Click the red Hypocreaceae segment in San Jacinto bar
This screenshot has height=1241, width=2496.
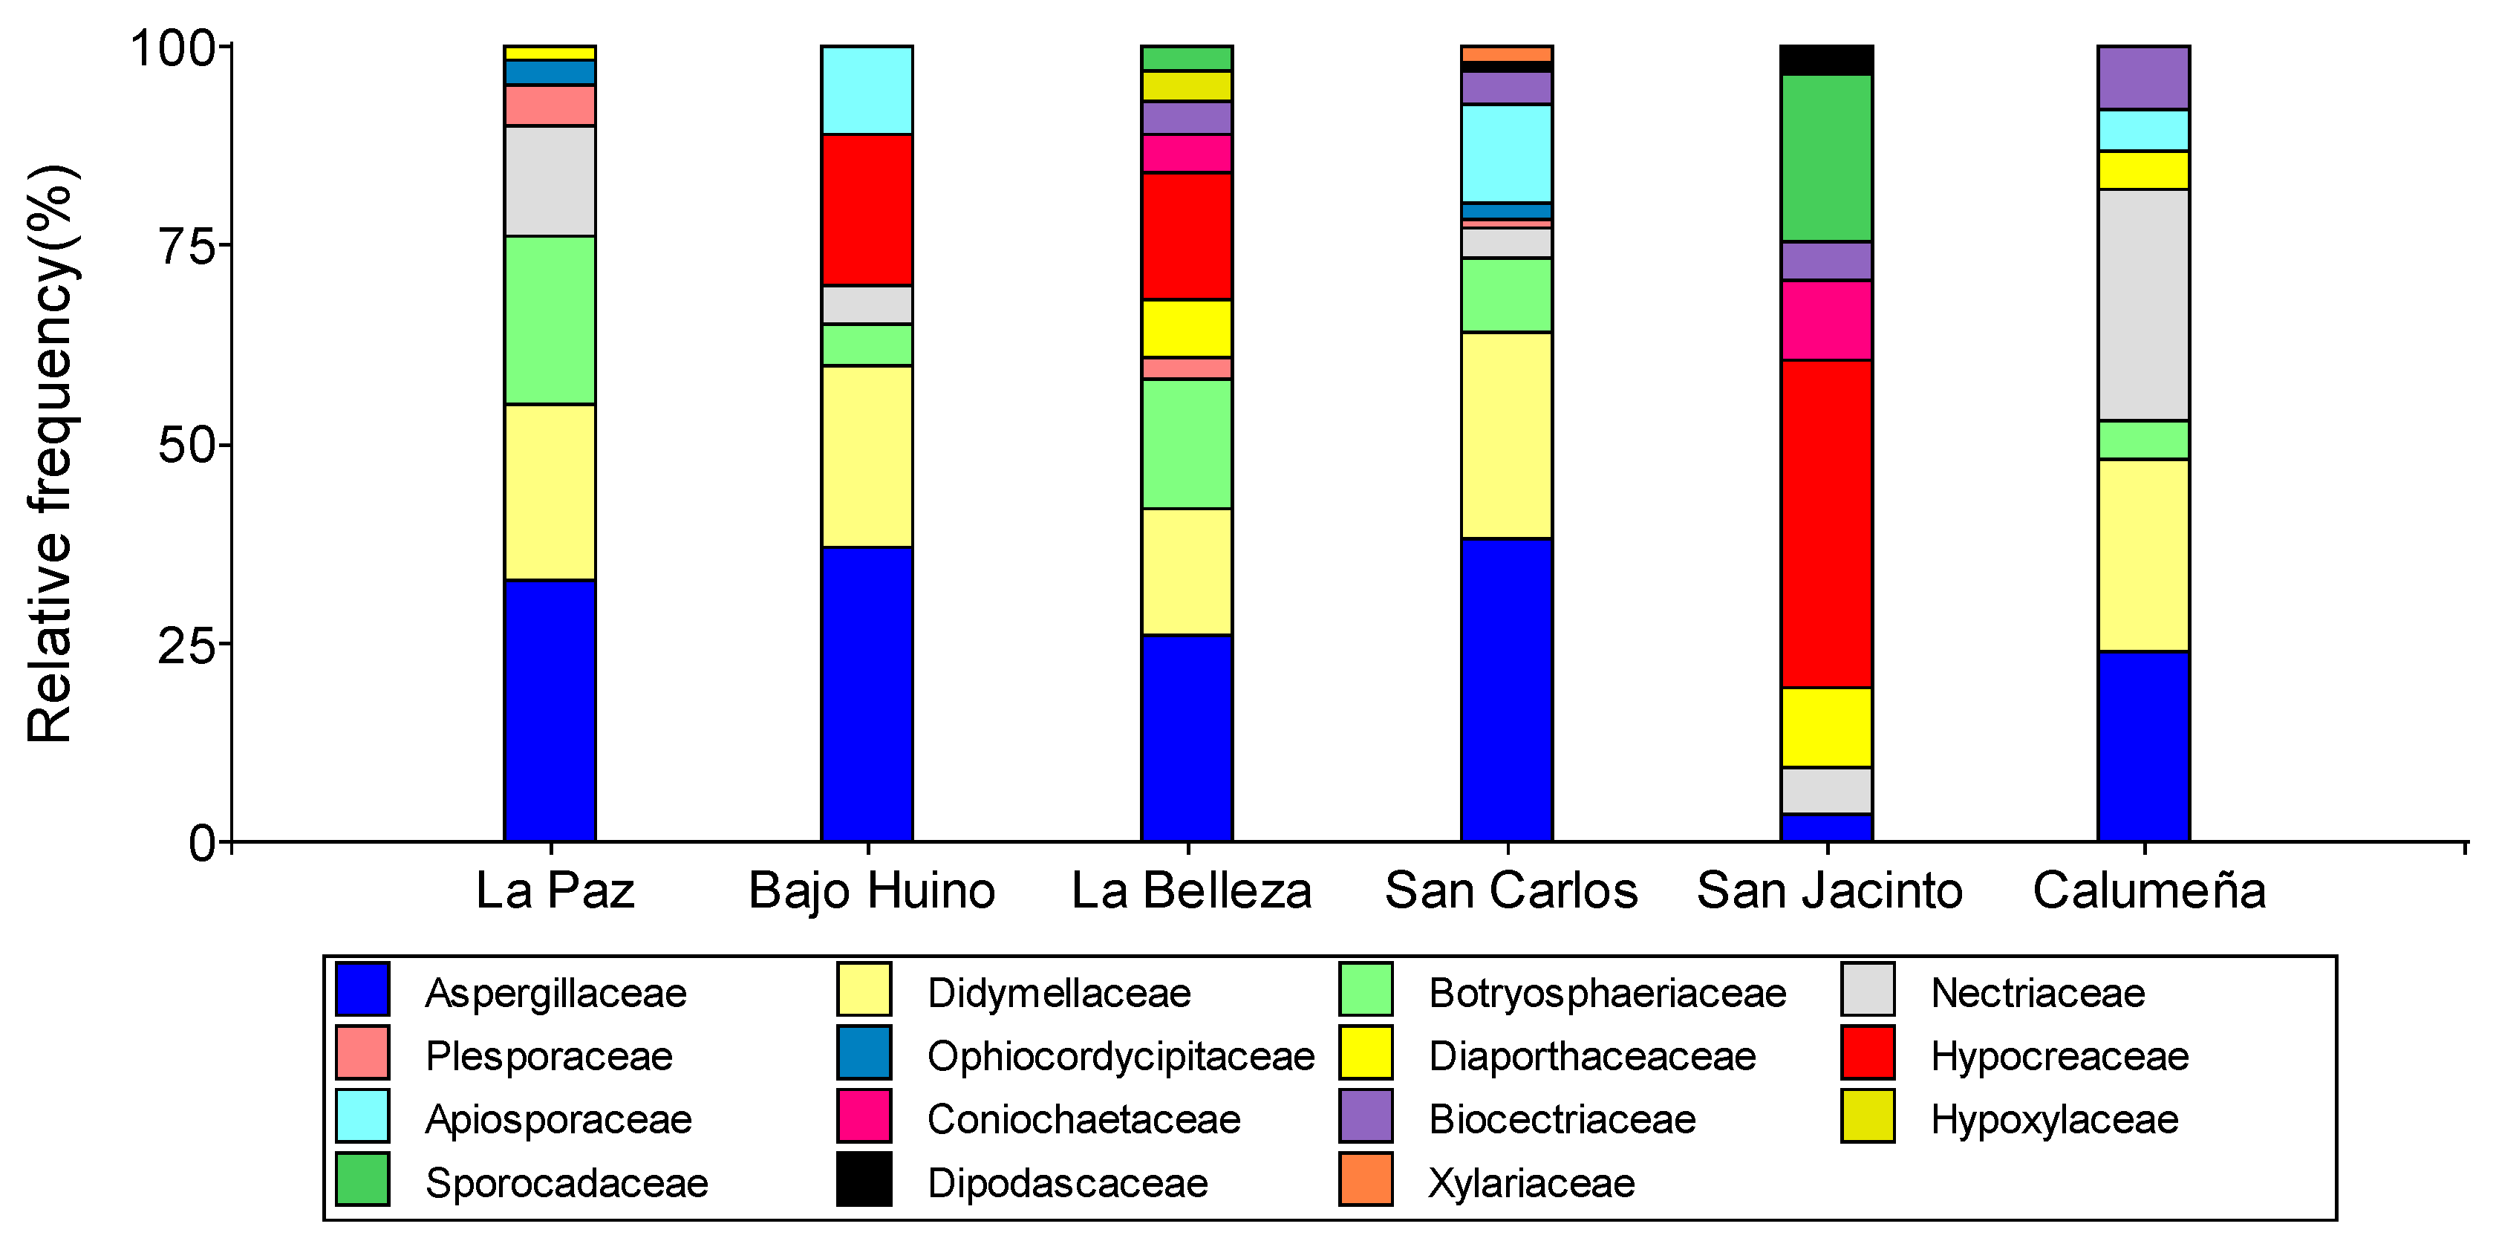(1825, 523)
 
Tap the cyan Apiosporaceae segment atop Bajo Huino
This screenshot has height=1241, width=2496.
(866, 89)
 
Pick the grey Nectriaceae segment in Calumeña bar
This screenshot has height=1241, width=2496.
(2143, 304)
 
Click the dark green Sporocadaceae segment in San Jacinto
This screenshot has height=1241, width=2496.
(1825, 157)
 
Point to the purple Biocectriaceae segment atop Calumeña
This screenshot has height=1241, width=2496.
(2143, 76)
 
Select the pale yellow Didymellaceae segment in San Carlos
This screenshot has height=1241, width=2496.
(1506, 435)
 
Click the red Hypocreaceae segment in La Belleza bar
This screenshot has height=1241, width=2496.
(1186, 235)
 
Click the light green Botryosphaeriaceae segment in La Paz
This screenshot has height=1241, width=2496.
(550, 319)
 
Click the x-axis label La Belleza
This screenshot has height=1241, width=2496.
(1191, 889)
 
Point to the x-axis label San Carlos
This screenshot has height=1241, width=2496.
(1511, 889)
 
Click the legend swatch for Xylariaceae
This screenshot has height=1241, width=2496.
(1365, 1179)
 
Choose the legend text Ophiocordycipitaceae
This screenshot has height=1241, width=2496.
(1120, 1056)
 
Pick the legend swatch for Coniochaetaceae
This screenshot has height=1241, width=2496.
(864, 1116)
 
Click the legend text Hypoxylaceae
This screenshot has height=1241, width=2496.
(2054, 1120)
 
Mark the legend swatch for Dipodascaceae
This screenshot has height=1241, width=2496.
(864, 1179)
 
